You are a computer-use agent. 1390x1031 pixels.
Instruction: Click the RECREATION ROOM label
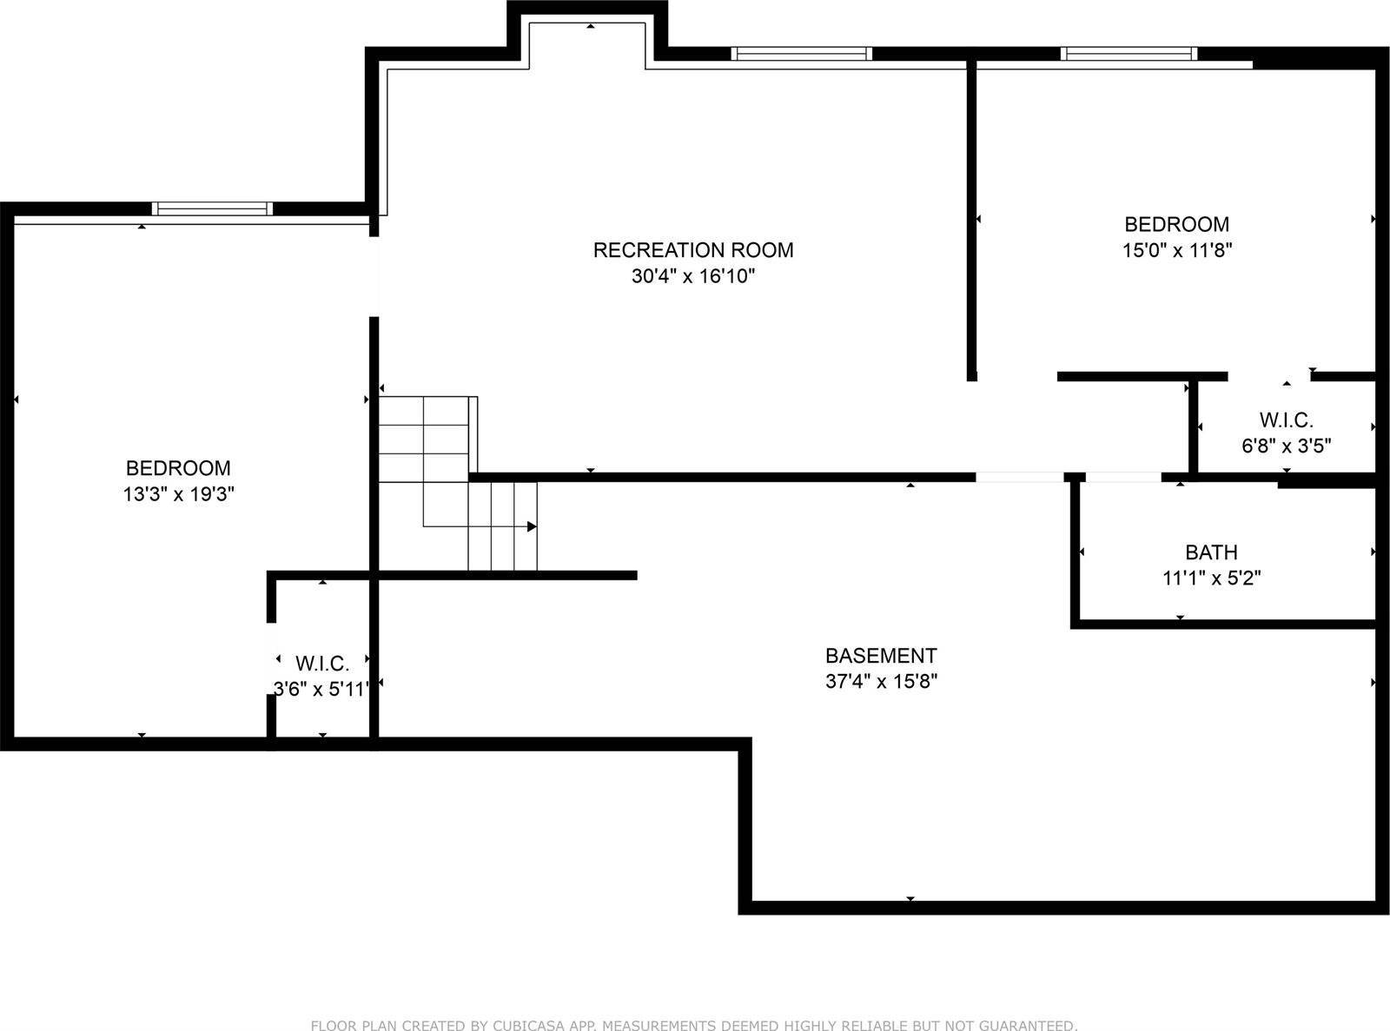point(692,250)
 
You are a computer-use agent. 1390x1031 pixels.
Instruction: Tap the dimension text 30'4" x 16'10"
point(692,277)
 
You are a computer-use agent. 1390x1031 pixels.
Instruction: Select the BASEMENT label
point(881,656)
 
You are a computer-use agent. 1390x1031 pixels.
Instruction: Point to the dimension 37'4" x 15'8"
point(881,682)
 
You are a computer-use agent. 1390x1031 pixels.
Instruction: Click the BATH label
point(1211,552)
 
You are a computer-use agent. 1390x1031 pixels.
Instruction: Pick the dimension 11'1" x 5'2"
point(1211,578)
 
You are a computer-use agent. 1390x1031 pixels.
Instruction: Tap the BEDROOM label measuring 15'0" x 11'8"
point(1176,225)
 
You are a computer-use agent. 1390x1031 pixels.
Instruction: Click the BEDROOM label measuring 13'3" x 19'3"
point(178,469)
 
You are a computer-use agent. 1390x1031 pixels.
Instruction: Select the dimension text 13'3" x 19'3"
point(178,495)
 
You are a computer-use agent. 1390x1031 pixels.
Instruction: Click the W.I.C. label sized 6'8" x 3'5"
point(1286,421)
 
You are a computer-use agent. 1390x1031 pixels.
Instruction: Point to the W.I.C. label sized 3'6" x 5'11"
point(322,664)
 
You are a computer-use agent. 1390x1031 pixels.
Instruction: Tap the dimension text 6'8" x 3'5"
point(1286,446)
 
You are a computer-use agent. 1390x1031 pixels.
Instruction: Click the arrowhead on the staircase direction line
point(531,526)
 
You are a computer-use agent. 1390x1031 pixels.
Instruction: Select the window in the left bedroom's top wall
point(212,208)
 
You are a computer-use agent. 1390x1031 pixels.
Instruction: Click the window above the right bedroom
point(1129,54)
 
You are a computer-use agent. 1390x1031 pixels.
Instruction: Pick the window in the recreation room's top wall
point(800,54)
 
